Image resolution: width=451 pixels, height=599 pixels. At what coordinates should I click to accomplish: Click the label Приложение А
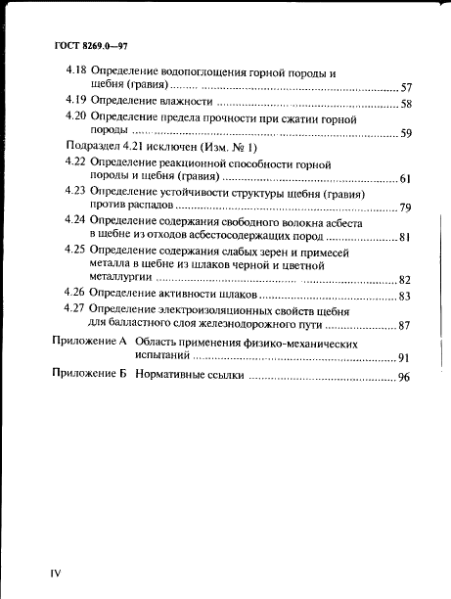[89, 345]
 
